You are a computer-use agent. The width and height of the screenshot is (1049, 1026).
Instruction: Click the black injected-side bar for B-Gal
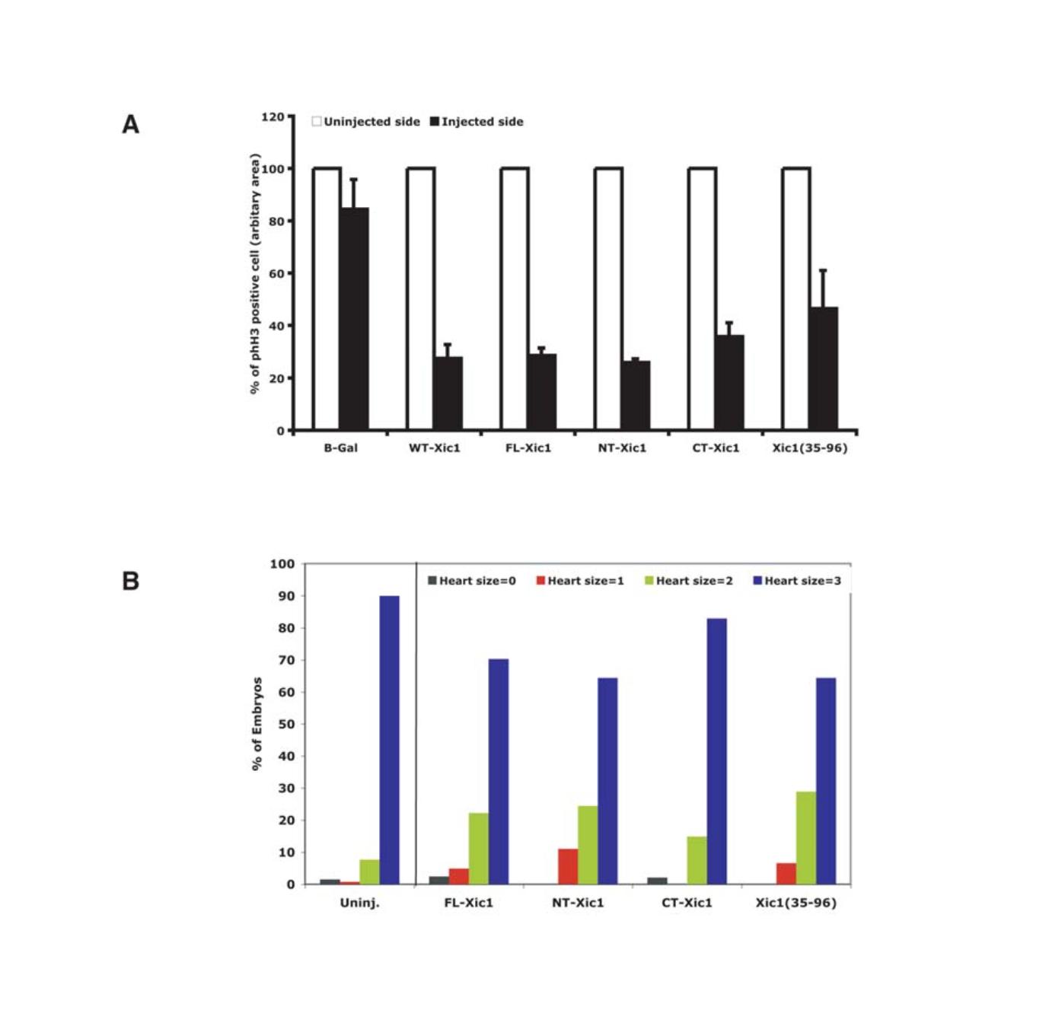pyautogui.click(x=354, y=319)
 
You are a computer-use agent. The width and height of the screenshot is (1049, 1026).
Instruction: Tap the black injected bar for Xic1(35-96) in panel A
pyautogui.click(x=823, y=368)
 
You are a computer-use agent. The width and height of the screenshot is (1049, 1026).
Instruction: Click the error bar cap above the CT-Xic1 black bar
pyautogui.click(x=729, y=323)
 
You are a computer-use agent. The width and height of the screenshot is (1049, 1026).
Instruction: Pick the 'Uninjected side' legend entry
pyautogui.click(x=366, y=122)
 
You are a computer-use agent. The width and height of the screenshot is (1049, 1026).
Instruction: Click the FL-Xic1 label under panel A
pyautogui.click(x=528, y=448)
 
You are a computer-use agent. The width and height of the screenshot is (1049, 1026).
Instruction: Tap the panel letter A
pyautogui.click(x=131, y=124)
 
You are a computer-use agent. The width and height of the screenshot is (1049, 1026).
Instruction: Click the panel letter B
pyautogui.click(x=131, y=582)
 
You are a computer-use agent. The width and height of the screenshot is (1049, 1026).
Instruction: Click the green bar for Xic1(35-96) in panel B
pyautogui.click(x=805, y=838)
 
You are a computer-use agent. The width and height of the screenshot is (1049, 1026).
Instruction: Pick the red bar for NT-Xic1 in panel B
pyautogui.click(x=568, y=866)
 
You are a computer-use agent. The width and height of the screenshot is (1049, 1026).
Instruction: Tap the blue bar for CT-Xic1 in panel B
pyautogui.click(x=716, y=751)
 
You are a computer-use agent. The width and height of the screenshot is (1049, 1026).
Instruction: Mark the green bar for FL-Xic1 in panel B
pyautogui.click(x=479, y=849)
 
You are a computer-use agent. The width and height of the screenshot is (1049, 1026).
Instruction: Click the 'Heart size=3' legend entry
pyautogui.click(x=797, y=581)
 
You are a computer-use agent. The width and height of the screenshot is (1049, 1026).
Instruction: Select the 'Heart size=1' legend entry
pyautogui.click(x=580, y=581)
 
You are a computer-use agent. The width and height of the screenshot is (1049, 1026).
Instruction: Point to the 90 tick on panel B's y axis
pyautogui.click(x=285, y=596)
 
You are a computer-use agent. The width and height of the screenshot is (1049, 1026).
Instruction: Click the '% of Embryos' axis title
pyautogui.click(x=257, y=724)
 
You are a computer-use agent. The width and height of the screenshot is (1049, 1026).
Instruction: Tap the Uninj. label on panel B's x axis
pyautogui.click(x=359, y=903)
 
